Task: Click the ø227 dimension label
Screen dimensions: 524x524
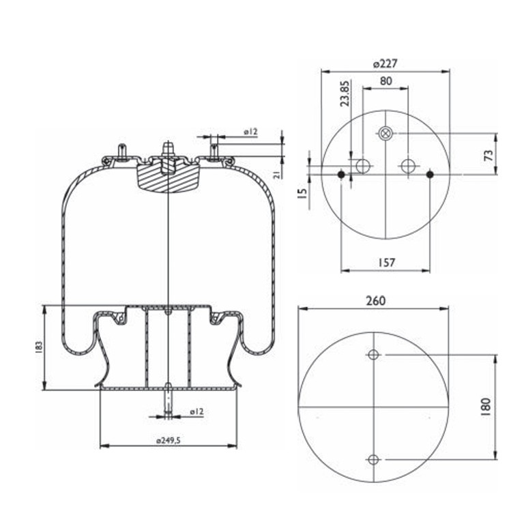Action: (385, 63)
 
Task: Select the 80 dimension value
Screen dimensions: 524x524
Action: (386, 81)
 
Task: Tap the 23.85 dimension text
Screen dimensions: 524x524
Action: (345, 93)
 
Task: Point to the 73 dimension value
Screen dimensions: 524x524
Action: (489, 155)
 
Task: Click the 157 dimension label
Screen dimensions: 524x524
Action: (387, 263)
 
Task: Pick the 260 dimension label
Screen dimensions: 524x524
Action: (376, 301)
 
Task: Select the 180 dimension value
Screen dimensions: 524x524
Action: (486, 407)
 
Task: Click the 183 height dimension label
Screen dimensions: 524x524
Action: (39, 347)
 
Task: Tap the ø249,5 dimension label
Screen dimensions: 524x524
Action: (168, 441)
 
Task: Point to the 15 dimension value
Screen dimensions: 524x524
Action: (302, 194)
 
